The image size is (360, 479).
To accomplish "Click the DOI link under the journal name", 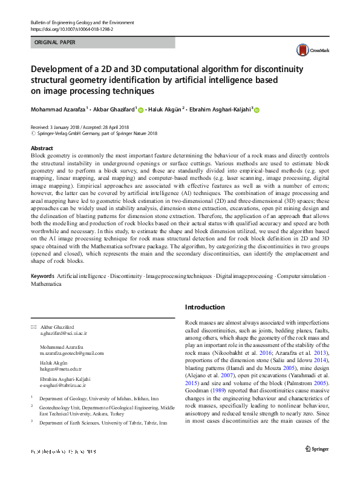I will (x=71, y=28).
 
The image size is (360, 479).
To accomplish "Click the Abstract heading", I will (x=42, y=148).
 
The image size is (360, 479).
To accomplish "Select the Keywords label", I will (x=42, y=276).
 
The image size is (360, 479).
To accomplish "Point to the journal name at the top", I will (x=82, y=22).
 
